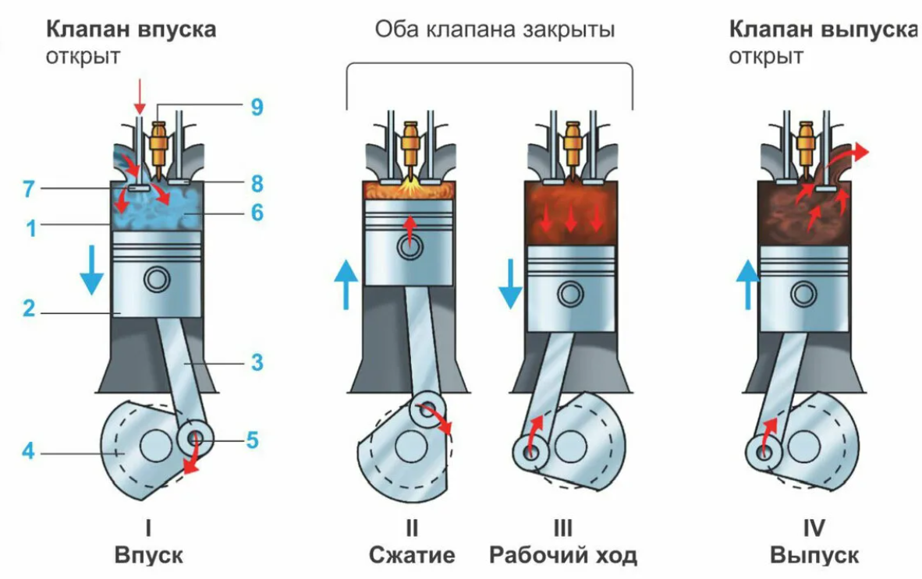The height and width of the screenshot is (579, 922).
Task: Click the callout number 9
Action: [257, 107]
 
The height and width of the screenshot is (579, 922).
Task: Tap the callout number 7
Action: [29, 189]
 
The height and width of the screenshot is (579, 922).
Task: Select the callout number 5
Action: [252, 440]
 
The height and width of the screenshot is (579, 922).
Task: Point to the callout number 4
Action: [28, 451]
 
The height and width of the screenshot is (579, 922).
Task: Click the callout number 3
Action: [257, 362]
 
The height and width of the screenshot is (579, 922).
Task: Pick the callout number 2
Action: [29, 309]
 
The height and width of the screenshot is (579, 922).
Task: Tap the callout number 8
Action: [257, 183]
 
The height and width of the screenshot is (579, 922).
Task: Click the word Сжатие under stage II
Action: [412, 555]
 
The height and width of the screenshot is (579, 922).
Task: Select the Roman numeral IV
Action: [814, 528]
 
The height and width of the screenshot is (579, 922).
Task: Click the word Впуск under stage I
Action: [149, 555]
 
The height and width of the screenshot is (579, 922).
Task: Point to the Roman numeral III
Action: [562, 528]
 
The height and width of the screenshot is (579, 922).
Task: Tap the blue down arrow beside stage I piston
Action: [92, 270]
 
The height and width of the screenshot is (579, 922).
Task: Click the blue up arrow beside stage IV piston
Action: [748, 284]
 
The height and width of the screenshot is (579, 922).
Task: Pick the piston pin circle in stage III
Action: [570, 294]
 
